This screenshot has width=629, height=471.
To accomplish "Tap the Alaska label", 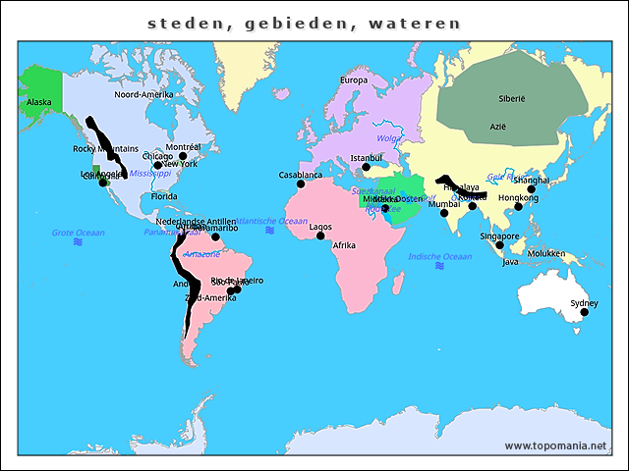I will [39, 102].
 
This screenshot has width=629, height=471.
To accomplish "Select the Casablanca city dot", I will [301, 184].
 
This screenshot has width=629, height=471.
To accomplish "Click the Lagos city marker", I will [320, 235].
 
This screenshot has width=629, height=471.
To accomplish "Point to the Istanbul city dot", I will [367, 167].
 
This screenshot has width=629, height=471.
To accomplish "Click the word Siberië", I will [512, 99].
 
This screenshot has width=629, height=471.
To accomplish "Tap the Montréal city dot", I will [183, 156].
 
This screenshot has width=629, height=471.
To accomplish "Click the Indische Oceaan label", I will [440, 256].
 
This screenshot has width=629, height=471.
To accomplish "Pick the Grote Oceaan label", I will [77, 233].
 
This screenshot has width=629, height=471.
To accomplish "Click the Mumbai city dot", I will [444, 213].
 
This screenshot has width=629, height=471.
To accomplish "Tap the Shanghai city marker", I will [532, 189].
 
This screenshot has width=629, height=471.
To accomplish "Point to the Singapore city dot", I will [499, 245].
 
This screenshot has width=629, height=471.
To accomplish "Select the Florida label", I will [164, 196].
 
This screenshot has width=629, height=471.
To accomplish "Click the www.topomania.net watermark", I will [555, 445].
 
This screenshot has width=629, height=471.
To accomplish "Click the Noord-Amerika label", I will [143, 94].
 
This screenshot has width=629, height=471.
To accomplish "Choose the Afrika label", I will [344, 245].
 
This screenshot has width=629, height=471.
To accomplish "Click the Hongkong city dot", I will [519, 206].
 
